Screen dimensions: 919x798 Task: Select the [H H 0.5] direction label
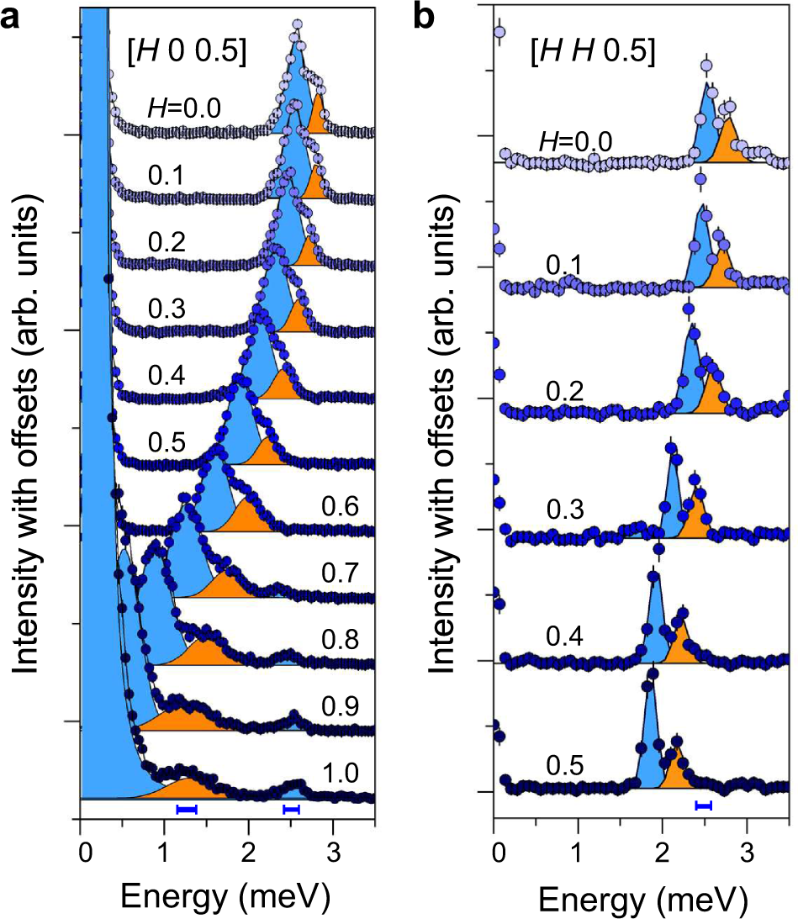593,52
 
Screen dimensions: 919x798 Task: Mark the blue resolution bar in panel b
703,805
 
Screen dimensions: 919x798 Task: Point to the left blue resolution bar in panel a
186,809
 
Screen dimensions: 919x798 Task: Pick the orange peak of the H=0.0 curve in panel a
318,115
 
